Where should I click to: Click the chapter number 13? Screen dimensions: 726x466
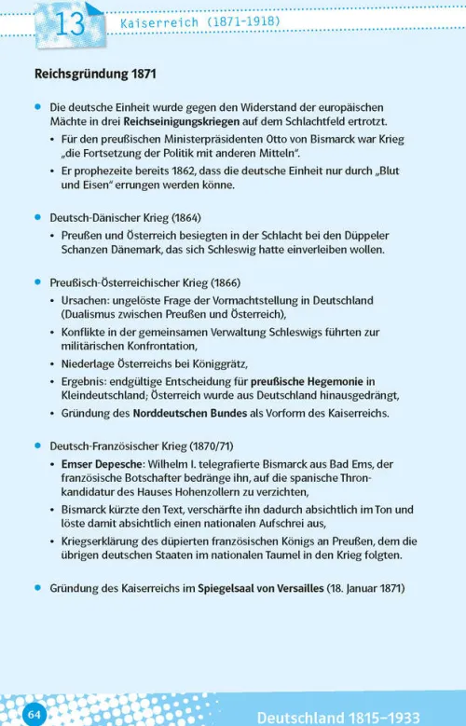(69, 25)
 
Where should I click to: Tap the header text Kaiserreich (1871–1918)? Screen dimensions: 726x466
(200, 21)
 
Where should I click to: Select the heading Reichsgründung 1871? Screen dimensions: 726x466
(95, 73)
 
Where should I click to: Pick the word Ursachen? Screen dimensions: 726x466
(88, 300)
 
